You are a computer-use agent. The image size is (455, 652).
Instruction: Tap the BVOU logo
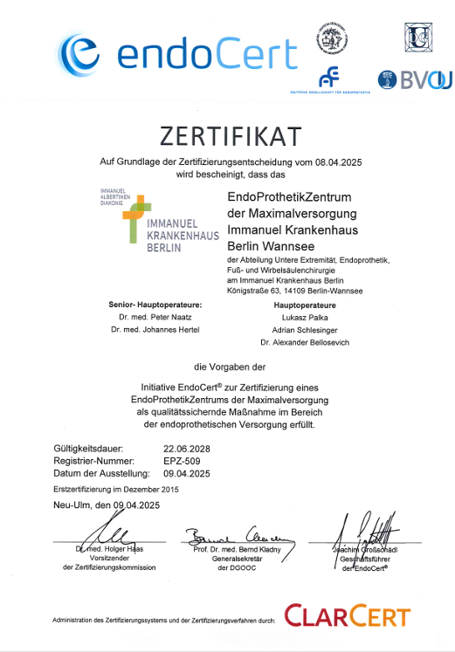(x=414, y=80)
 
